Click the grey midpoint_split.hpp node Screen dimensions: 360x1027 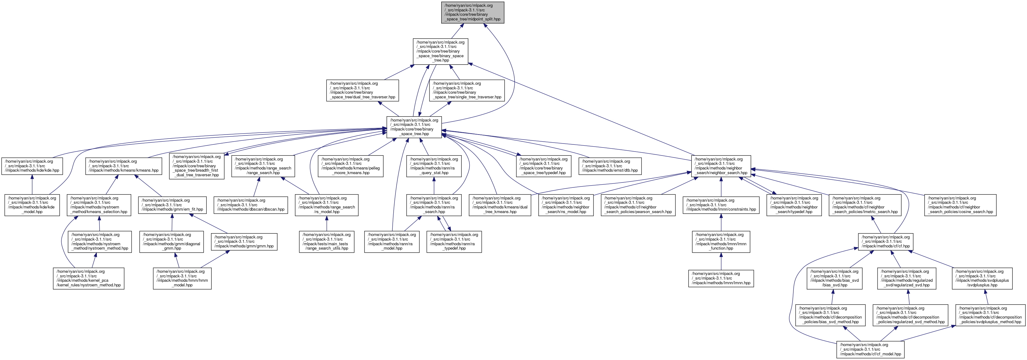(x=473, y=12)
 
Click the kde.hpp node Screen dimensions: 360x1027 (x=32, y=166)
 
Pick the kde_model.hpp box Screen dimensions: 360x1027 (x=32, y=205)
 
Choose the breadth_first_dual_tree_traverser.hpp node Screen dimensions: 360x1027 (x=196, y=166)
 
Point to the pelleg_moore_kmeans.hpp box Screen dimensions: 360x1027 (x=351, y=166)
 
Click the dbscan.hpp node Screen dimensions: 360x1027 (x=250, y=205)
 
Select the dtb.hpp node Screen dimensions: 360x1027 (x=610, y=166)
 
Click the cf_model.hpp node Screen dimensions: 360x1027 (x=870, y=349)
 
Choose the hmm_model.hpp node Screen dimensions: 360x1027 (x=182, y=278)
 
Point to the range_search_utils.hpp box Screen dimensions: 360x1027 (x=326, y=242)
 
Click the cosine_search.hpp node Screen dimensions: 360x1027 (x=960, y=205)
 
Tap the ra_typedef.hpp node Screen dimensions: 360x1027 (x=454, y=242)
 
